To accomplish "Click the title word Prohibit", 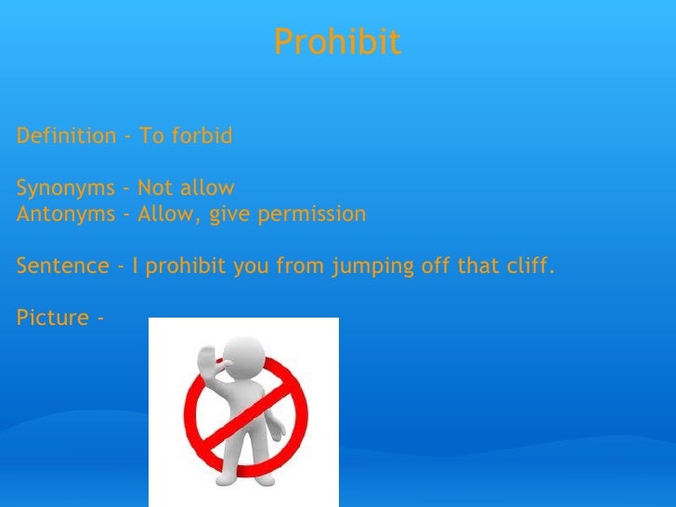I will [337, 42].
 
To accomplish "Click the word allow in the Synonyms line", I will [201, 189].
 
